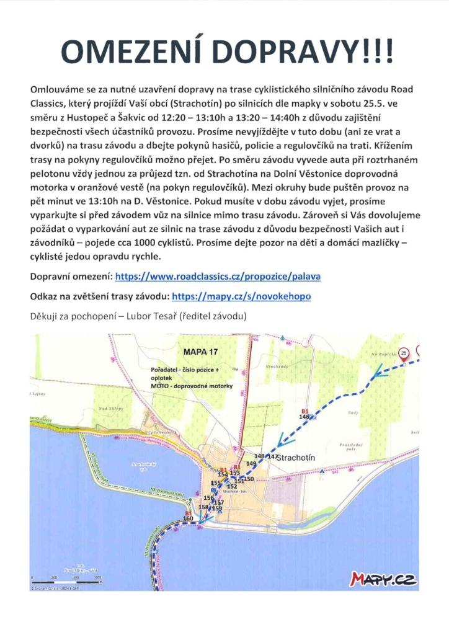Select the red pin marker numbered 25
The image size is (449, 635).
click(x=404, y=353)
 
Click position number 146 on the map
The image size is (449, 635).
click(x=304, y=417)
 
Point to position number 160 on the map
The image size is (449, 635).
click(x=180, y=518)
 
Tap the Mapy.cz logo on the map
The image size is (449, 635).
click(x=383, y=579)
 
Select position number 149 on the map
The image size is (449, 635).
click(x=251, y=463)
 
